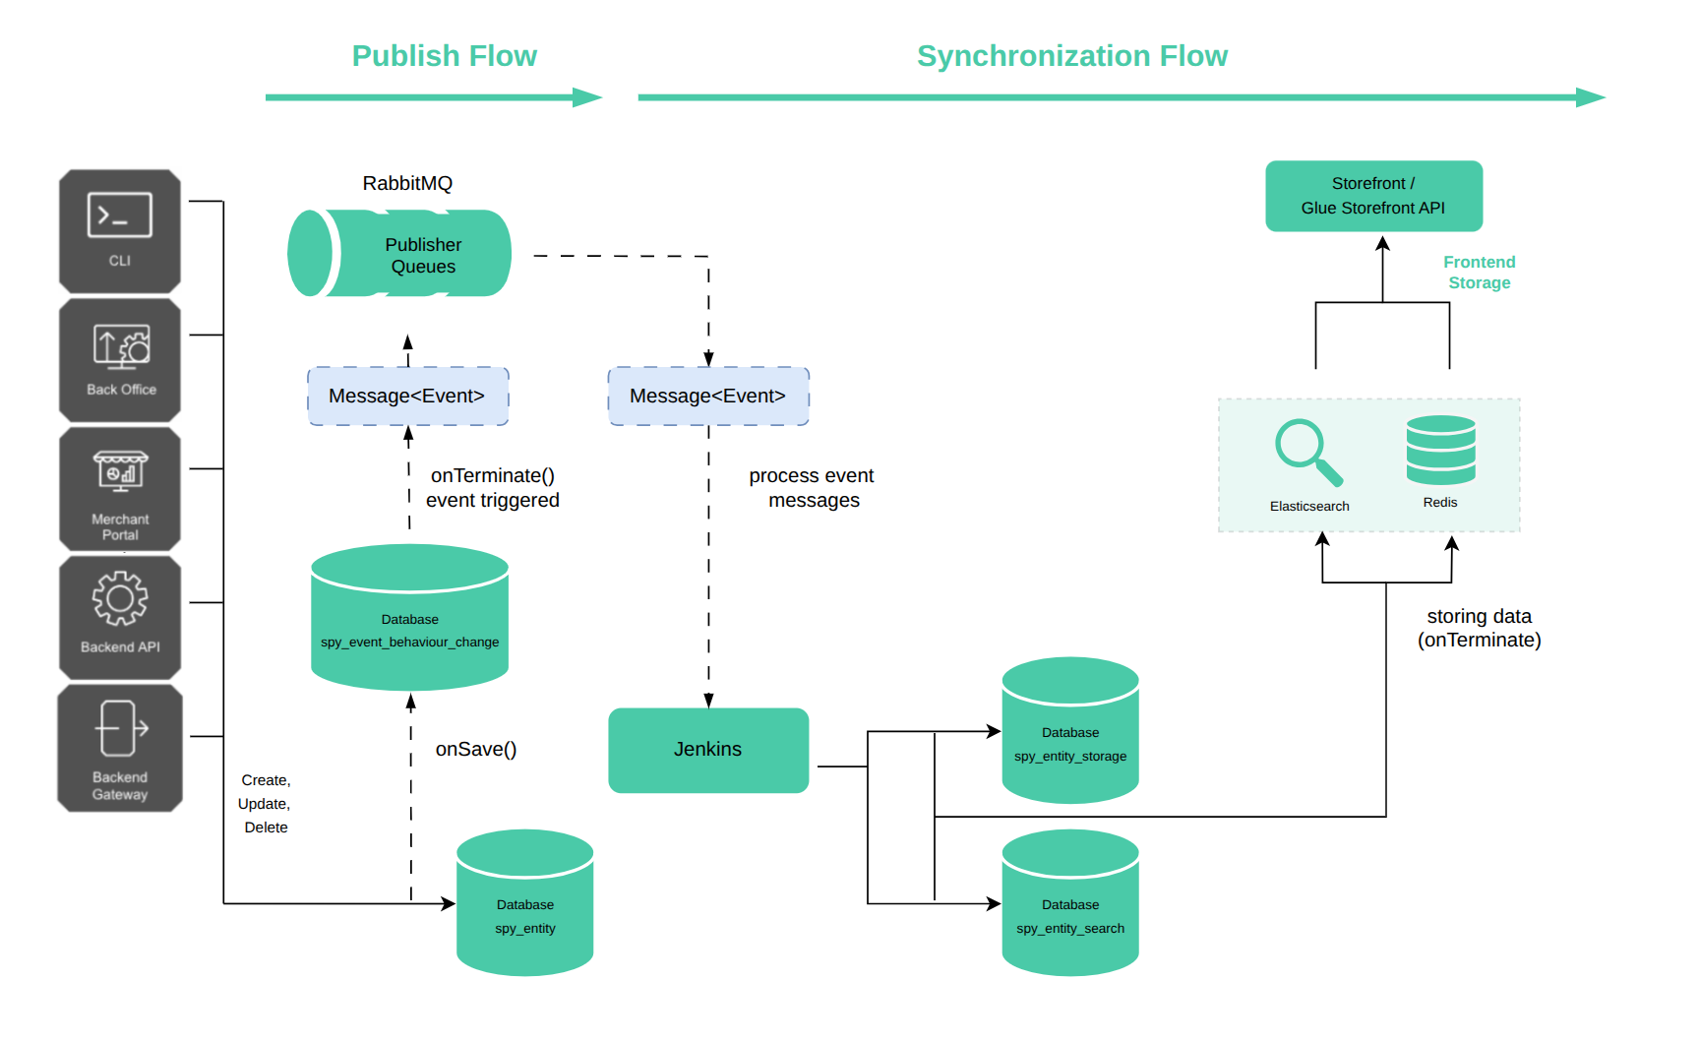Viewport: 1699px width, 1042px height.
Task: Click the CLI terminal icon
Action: [120, 215]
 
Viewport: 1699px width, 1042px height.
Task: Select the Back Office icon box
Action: [120, 360]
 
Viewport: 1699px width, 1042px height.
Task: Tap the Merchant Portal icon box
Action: [120, 489]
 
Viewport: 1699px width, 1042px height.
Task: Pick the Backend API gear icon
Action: [120, 598]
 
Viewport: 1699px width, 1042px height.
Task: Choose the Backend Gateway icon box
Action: [120, 748]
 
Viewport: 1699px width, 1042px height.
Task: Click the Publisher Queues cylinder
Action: [400, 254]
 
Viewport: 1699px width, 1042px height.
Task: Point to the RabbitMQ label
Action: [407, 183]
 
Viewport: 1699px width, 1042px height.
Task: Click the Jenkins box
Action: [708, 750]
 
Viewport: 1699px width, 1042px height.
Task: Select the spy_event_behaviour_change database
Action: [409, 618]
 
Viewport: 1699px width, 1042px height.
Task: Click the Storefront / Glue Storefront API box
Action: [1373, 196]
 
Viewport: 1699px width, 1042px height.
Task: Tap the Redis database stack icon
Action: [1440, 450]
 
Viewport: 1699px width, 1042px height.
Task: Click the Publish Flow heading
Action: [445, 56]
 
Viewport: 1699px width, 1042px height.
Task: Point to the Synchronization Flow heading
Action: [1072, 56]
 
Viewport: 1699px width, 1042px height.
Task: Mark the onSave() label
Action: [476, 750]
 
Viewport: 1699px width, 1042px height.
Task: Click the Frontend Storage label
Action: [1479, 273]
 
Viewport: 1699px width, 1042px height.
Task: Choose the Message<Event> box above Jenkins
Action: [708, 397]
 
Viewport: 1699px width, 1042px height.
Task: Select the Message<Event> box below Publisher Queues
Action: [407, 397]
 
